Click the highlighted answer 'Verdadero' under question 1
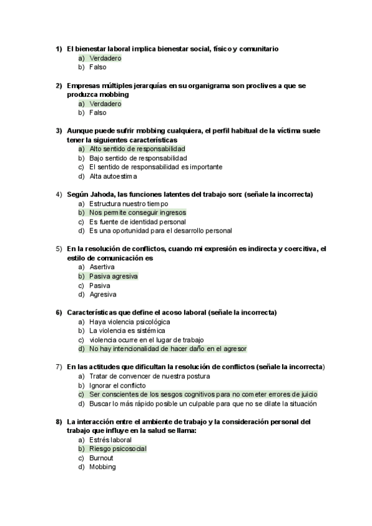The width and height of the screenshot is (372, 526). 105,58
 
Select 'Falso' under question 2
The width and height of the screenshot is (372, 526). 97,113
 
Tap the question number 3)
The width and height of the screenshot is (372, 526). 59,131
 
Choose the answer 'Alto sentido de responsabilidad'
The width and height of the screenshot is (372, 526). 136,149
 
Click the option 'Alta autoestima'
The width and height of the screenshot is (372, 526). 113,176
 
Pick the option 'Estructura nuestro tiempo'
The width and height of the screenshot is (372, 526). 128,203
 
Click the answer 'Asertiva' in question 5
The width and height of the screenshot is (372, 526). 102,267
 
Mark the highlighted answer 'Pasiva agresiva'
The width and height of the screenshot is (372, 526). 113,276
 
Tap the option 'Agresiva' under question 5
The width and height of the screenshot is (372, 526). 102,295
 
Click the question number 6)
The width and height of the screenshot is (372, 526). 59,312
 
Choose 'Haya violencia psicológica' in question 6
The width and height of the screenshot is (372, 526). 129,322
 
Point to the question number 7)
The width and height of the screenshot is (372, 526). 59,367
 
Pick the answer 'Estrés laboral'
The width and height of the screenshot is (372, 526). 110,440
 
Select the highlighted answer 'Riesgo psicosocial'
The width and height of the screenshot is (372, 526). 118,448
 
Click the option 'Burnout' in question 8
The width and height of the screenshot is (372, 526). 101,458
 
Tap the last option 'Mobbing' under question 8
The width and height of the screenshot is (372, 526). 102,467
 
